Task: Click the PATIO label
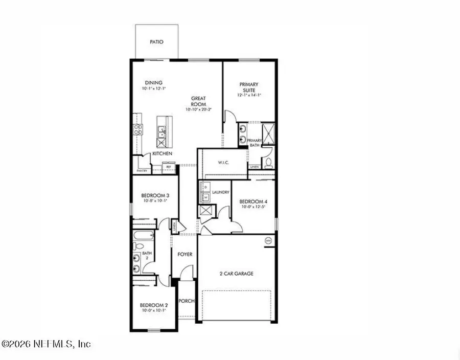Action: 156,42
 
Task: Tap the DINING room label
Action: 153,83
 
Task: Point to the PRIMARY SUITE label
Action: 249,87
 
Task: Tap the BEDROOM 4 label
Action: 253,201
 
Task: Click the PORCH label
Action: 187,301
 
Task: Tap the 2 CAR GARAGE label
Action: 237,274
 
